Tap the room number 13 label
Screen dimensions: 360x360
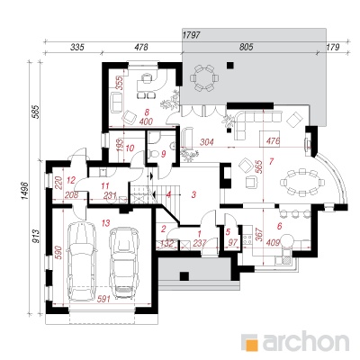[x=105, y=221]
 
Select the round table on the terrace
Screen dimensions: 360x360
[x=204, y=79]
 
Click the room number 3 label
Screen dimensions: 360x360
[x=193, y=193]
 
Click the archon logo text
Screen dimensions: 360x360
[x=296, y=343]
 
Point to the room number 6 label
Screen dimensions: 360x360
[x=277, y=225]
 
